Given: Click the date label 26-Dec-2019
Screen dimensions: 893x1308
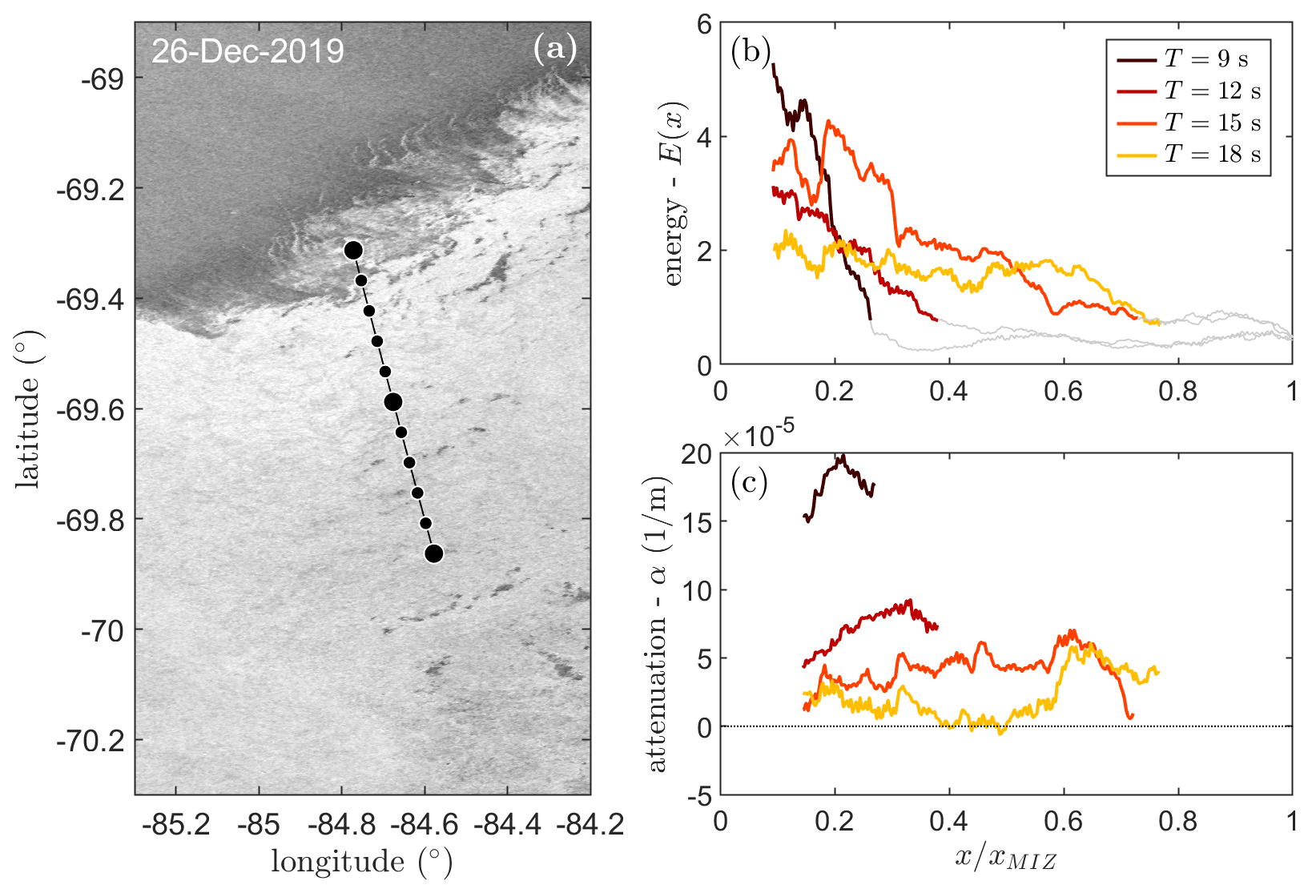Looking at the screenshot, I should click(x=248, y=51).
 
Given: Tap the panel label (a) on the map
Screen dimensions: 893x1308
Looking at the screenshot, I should click(x=554, y=50).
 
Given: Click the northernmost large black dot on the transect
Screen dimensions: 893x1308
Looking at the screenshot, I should click(x=353, y=251).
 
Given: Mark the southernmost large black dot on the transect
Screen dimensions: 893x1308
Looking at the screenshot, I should click(x=434, y=553).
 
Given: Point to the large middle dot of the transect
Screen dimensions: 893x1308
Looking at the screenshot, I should click(x=392, y=401).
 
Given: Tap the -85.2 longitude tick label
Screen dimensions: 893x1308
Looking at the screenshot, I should click(x=176, y=824).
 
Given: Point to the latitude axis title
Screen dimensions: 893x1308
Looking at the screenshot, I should click(x=28, y=409).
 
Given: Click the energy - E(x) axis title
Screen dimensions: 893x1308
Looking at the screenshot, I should click(x=674, y=194).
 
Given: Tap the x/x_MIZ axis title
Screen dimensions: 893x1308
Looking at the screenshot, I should click(x=1005, y=859).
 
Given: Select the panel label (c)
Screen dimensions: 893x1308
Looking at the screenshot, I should click(x=749, y=482).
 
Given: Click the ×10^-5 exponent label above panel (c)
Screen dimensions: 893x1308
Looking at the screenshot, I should click(x=759, y=436).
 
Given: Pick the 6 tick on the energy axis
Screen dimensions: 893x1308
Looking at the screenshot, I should click(x=704, y=25).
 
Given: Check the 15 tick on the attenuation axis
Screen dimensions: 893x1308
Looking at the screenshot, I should click(x=696, y=522).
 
